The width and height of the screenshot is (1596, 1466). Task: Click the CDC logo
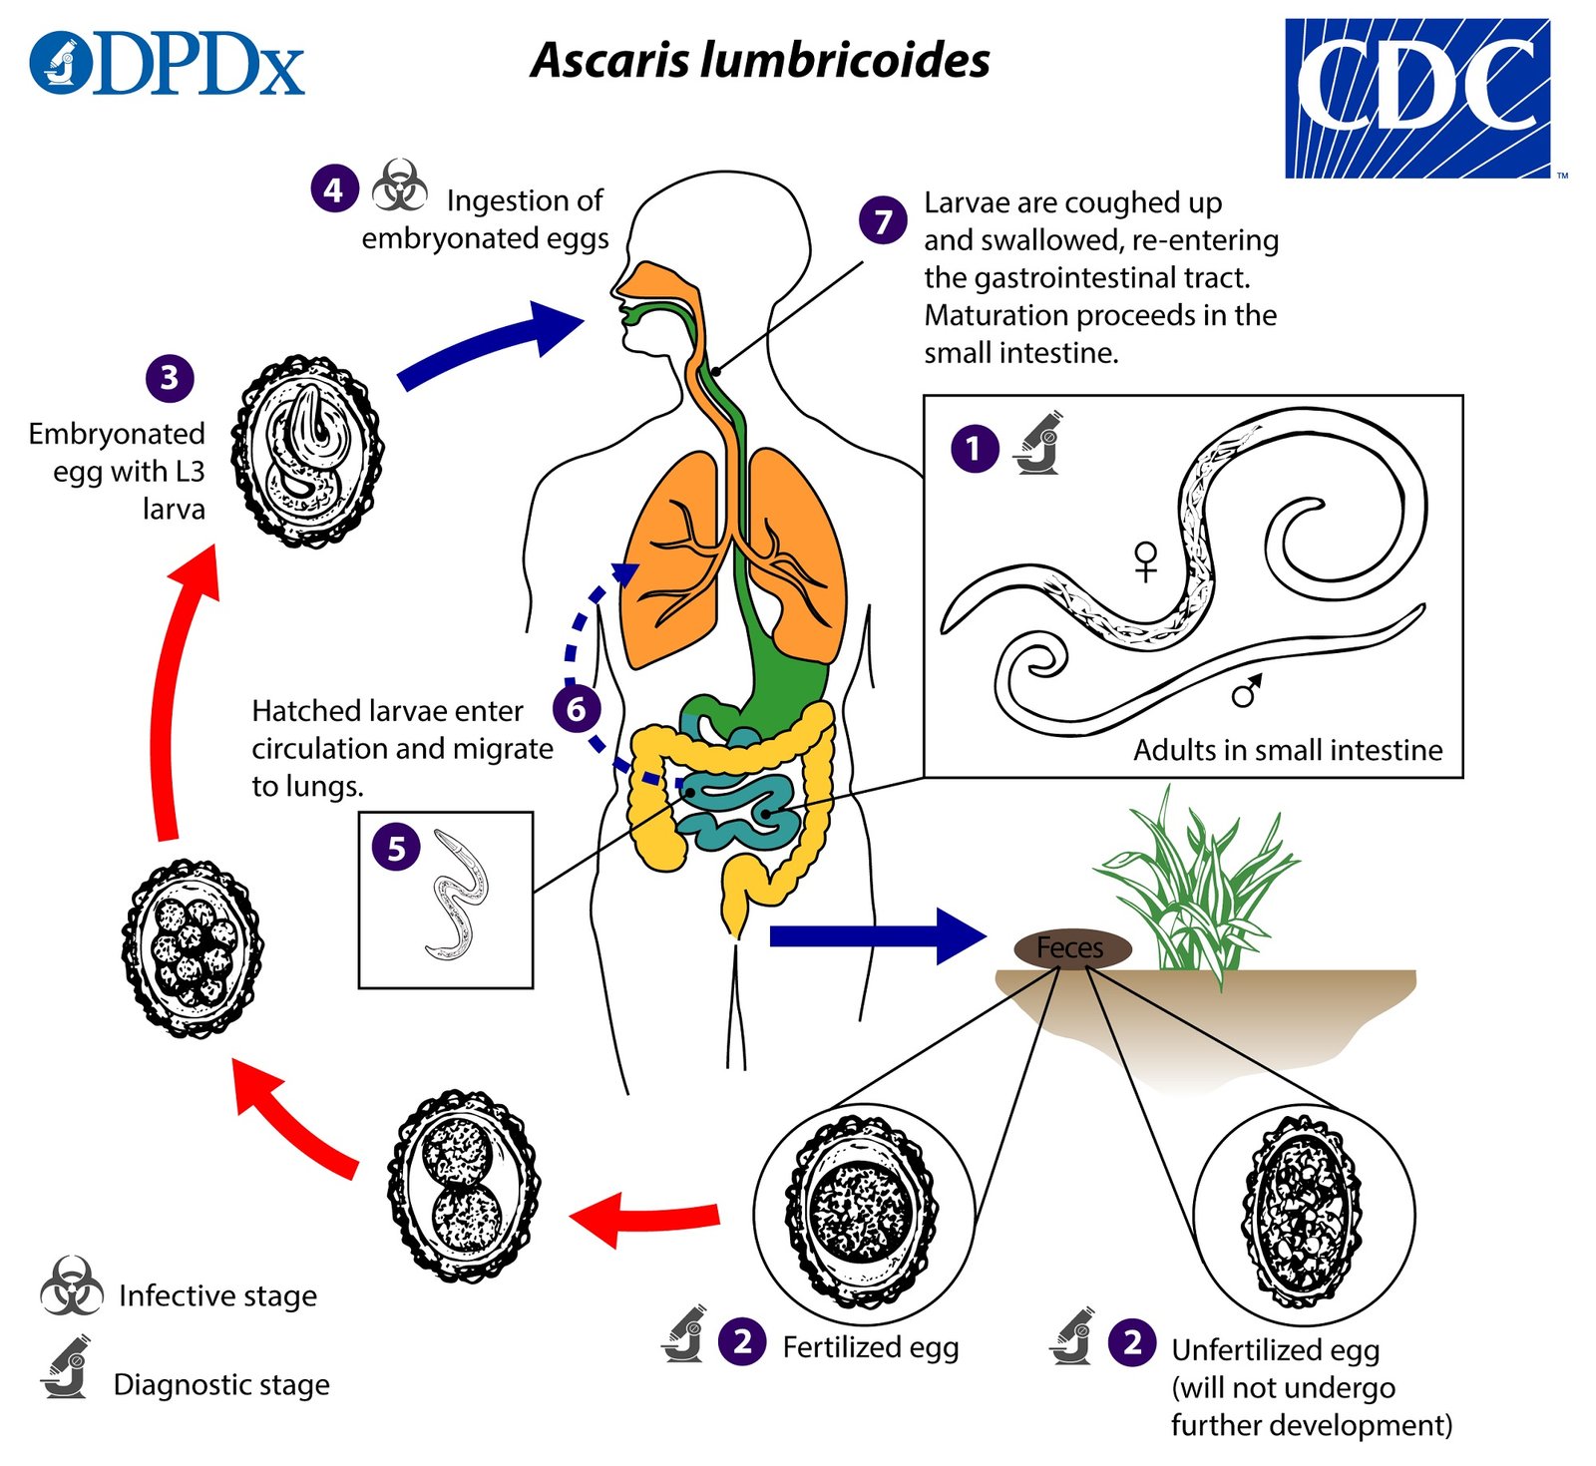click(x=1416, y=98)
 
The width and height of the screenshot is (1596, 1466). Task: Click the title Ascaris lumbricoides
click(x=760, y=60)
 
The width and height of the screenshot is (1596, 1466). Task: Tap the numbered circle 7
click(x=883, y=220)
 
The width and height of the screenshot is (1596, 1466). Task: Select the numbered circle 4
click(x=334, y=188)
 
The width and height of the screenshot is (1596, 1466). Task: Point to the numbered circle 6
click(x=577, y=709)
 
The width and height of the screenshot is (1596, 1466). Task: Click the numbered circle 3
click(x=170, y=377)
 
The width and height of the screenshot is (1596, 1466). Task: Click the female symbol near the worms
click(x=1146, y=560)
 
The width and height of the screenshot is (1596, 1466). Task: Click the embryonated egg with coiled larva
click(x=307, y=451)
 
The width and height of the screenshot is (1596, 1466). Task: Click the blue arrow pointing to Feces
click(x=878, y=935)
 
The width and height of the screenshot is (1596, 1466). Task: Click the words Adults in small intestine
click(x=1288, y=750)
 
